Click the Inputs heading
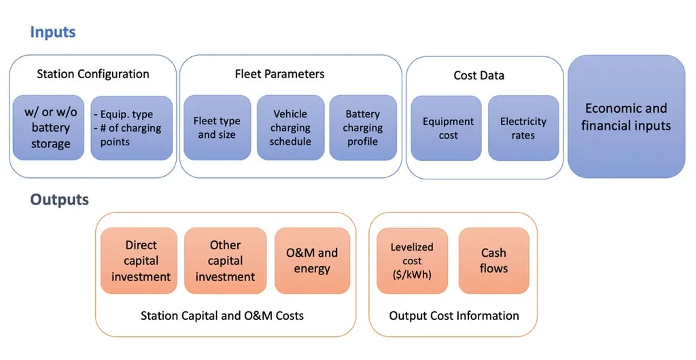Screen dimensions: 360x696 [52, 32]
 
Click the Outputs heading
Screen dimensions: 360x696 [59, 200]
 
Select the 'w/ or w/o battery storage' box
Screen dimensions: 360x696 [51, 128]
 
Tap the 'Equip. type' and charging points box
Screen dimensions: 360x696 [131, 128]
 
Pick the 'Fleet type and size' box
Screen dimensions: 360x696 [217, 128]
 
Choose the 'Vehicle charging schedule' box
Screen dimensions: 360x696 [290, 128]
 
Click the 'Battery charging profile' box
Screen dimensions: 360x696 [363, 128]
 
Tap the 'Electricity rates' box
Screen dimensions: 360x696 [523, 128]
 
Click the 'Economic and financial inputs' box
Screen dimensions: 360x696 [627, 117]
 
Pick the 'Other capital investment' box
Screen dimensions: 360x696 [225, 261]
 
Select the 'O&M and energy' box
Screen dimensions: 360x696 [312, 261]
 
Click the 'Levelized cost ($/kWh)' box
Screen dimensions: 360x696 [412, 261]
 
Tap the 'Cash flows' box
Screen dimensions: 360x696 [493, 261]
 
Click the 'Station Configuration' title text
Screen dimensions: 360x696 [93, 74]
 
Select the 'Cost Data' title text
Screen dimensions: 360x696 [479, 75]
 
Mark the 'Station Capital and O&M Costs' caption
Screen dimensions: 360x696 [222, 316]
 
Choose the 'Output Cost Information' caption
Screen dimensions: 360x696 [454, 316]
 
